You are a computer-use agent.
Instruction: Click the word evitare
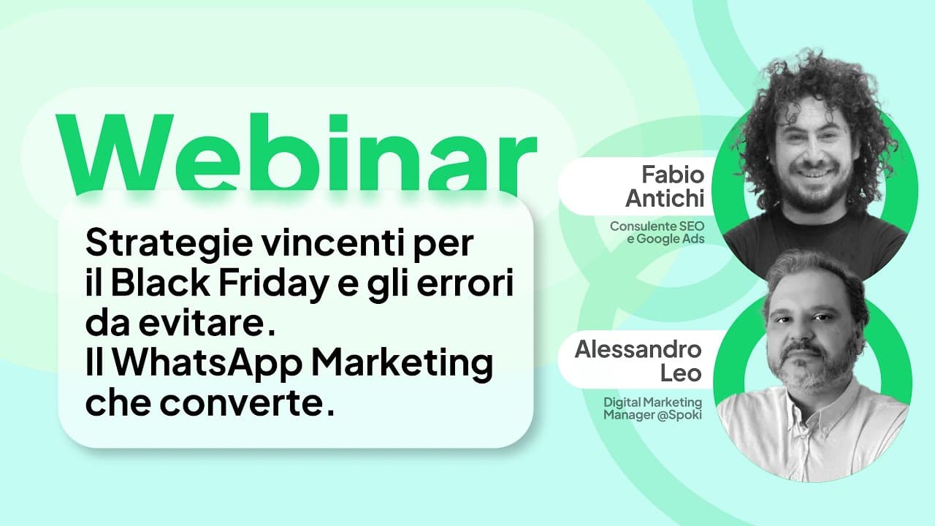coord(204,324)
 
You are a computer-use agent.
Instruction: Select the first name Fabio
coord(673,175)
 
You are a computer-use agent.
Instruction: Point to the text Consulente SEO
coord(657,226)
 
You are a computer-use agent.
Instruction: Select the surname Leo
coord(680,373)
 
